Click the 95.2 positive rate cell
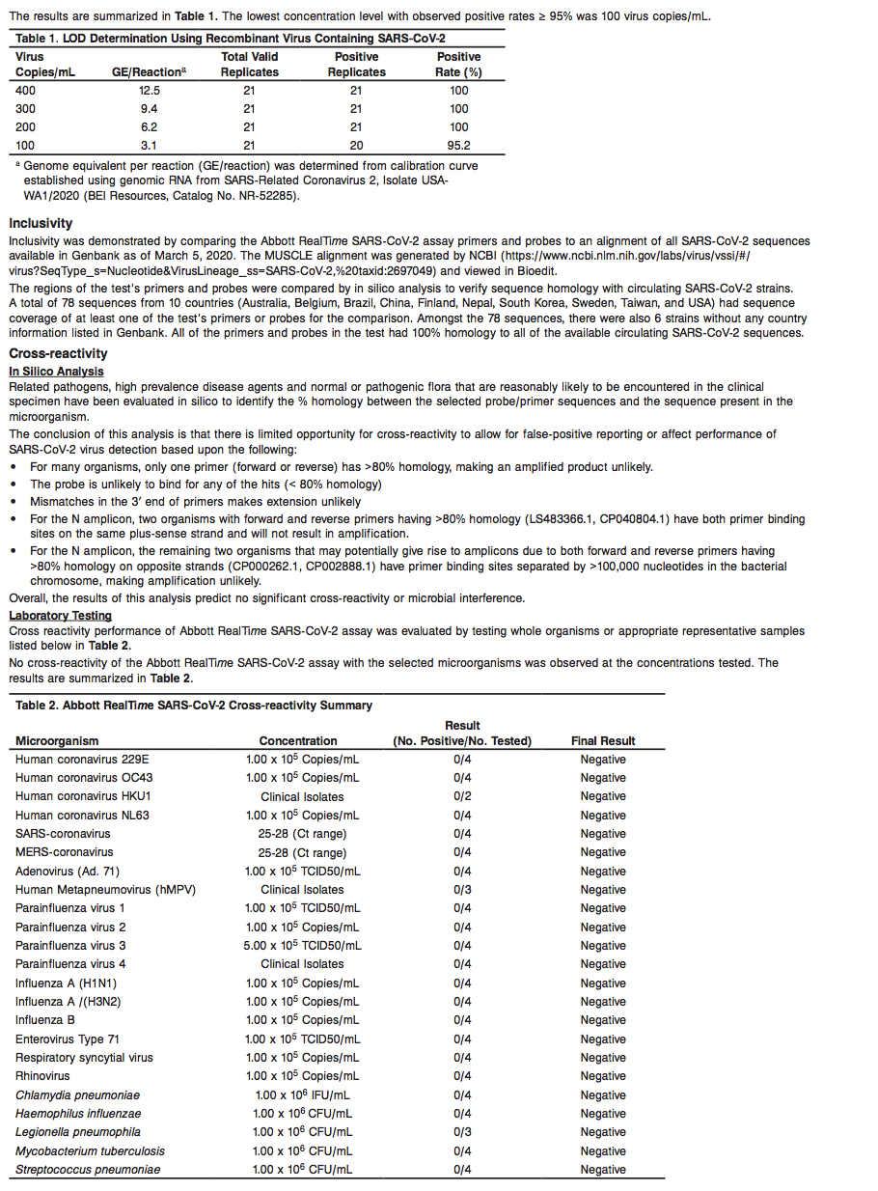[458, 146]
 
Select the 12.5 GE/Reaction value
[149, 90]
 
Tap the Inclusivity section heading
[41, 223]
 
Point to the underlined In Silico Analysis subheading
[56, 371]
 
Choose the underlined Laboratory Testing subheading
[60, 615]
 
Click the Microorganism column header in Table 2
[57, 741]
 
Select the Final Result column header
[603, 741]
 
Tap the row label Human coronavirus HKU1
[83, 796]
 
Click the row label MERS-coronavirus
[64, 852]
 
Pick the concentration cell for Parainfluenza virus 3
[302, 946]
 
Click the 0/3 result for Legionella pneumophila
[462, 1132]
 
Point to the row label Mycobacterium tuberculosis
[90, 1150]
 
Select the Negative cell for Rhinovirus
[603, 1076]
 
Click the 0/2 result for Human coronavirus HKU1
[462, 796]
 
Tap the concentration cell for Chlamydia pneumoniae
[302, 1095]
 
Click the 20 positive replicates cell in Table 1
[356, 146]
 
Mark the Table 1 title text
[231, 38]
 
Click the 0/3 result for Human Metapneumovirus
[462, 890]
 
